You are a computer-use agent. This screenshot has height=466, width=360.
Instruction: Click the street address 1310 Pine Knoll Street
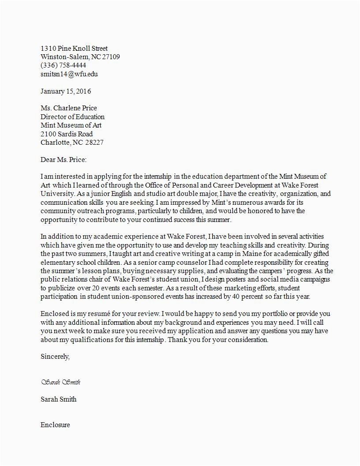[74, 49]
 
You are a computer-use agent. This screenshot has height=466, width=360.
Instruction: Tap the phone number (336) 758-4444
[63, 65]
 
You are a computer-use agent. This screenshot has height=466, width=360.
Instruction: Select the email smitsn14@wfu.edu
[69, 74]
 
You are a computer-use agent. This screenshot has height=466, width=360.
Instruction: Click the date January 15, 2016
[66, 91]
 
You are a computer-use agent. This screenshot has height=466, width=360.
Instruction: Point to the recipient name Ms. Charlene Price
[68, 108]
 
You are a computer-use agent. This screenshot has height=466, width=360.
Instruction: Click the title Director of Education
[72, 117]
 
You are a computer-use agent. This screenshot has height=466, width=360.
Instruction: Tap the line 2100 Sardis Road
[67, 134]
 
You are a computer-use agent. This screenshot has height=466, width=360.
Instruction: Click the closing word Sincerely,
[55, 357]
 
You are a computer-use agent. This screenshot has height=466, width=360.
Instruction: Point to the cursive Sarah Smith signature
[60, 382]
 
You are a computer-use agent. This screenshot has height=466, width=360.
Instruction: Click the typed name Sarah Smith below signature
[58, 399]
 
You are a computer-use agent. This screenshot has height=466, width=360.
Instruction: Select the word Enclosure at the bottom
[55, 425]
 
